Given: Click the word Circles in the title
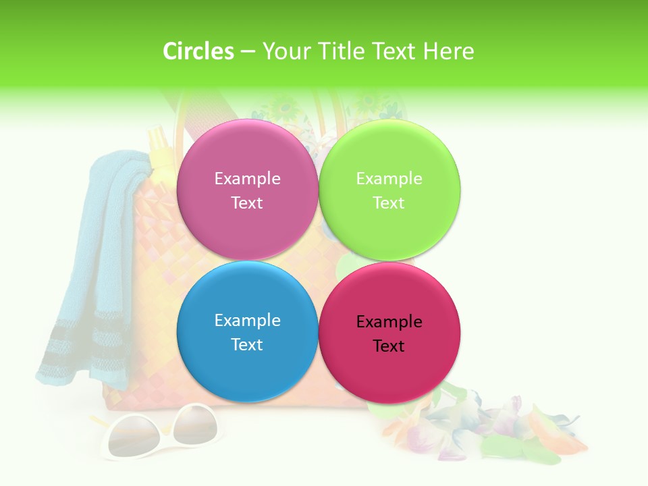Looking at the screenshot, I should pos(198,51).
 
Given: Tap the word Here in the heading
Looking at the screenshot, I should pos(448,51).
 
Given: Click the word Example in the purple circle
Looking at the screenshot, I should pos(247,179).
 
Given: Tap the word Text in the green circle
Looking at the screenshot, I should pos(389,203).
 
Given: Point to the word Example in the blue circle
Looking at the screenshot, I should pos(247,321).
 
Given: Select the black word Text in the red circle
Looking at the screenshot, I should pos(389,346).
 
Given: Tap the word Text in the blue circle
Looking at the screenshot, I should pos(247,345).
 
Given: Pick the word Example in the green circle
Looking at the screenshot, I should pos(389,179).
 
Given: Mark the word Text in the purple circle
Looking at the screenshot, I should pos(247,203).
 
